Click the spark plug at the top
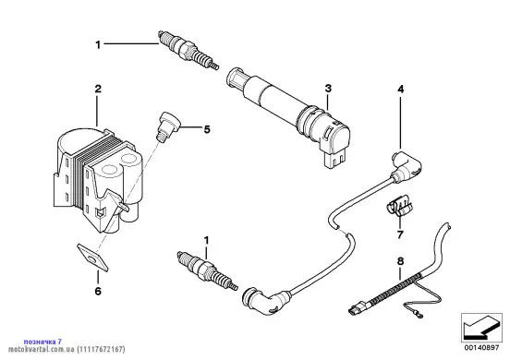(x=188, y=50)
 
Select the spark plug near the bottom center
(x=207, y=270)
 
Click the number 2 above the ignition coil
(x=98, y=89)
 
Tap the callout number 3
(x=328, y=88)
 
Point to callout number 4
(x=401, y=89)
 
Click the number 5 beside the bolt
(x=207, y=129)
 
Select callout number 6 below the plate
(x=98, y=291)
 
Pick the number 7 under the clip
(x=400, y=234)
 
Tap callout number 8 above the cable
(x=400, y=261)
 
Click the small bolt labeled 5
(x=168, y=126)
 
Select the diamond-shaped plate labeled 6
(x=92, y=257)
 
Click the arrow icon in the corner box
(x=481, y=328)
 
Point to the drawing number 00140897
(x=481, y=348)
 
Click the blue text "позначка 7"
(x=42, y=342)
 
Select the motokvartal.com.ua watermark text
(x=67, y=350)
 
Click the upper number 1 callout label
(x=98, y=45)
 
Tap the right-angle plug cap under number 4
(x=407, y=167)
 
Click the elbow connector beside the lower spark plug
(x=265, y=300)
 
